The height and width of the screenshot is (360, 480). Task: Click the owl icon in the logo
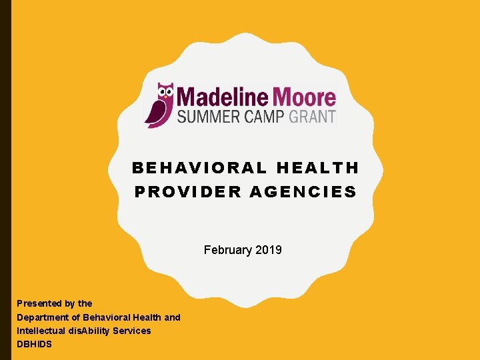pos(159,105)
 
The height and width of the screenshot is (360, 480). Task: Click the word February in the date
pos(227,250)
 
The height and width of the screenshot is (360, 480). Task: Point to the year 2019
pos(268,250)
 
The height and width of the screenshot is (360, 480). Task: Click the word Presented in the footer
pos(39,303)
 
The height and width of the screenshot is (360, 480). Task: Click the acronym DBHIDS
pos(34,344)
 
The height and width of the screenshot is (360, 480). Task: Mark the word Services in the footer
pos(133,331)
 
